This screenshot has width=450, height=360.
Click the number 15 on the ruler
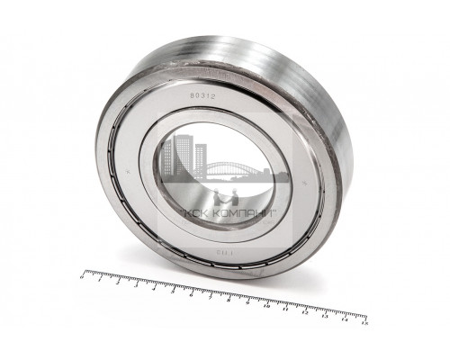(x=363, y=322)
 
